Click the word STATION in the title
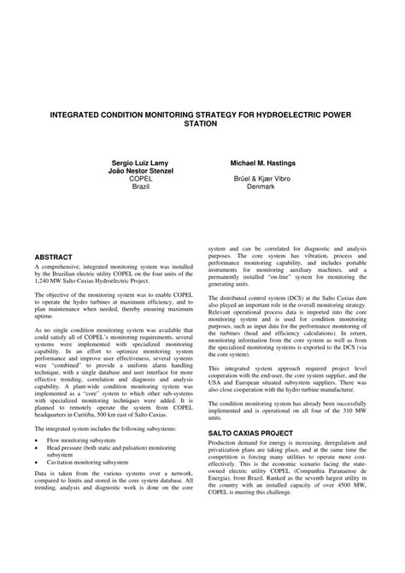(x=201, y=122)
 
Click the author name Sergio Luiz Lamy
(x=130, y=161)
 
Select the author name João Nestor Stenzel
(x=130, y=169)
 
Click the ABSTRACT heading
(x=53, y=257)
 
